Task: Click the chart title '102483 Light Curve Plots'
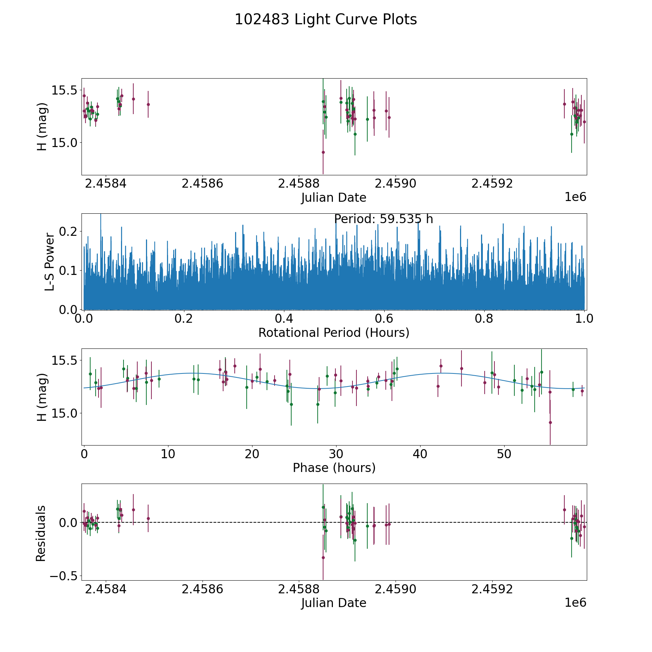(326, 20)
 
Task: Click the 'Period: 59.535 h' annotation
(384, 219)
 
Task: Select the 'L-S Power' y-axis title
(49, 262)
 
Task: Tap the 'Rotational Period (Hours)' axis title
(334, 333)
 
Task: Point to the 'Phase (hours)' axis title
(334, 468)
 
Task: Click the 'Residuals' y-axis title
(41, 533)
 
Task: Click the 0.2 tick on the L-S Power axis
(69, 231)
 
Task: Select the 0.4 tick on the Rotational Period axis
(284, 319)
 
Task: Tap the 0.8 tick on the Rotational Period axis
(484, 319)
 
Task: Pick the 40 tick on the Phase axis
(420, 454)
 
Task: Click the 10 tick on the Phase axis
(168, 454)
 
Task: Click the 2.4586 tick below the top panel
(202, 184)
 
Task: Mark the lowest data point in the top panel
(323, 152)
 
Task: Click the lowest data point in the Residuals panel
(323, 557)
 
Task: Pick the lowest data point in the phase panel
(550, 422)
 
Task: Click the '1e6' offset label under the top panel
(576, 197)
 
